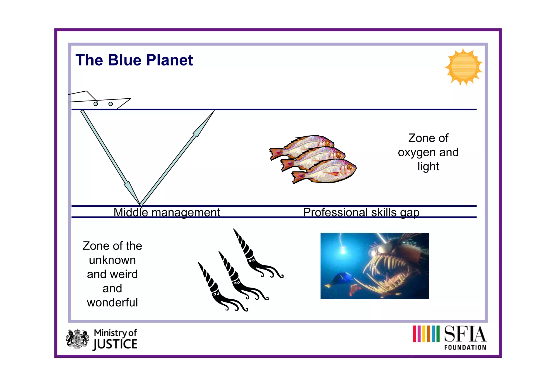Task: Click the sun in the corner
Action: pyautogui.click(x=464, y=67)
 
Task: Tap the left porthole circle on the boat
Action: pyautogui.click(x=96, y=104)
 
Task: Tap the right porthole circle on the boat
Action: pyautogui.click(x=111, y=104)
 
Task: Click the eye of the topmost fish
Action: pyautogui.click(x=327, y=144)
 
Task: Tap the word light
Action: pyautogui.click(x=428, y=167)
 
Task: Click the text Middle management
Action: pyautogui.click(x=167, y=212)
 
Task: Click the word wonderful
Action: pyautogui.click(x=112, y=302)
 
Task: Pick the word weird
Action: pyautogui.click(x=125, y=274)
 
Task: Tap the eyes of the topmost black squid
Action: pyautogui.click(x=251, y=261)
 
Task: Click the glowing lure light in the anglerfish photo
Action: pyautogui.click(x=343, y=251)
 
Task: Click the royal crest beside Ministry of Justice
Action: pyautogui.click(x=77, y=339)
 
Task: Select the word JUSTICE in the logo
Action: pyautogui.click(x=115, y=344)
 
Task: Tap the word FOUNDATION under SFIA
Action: pyautogui.click(x=465, y=347)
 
